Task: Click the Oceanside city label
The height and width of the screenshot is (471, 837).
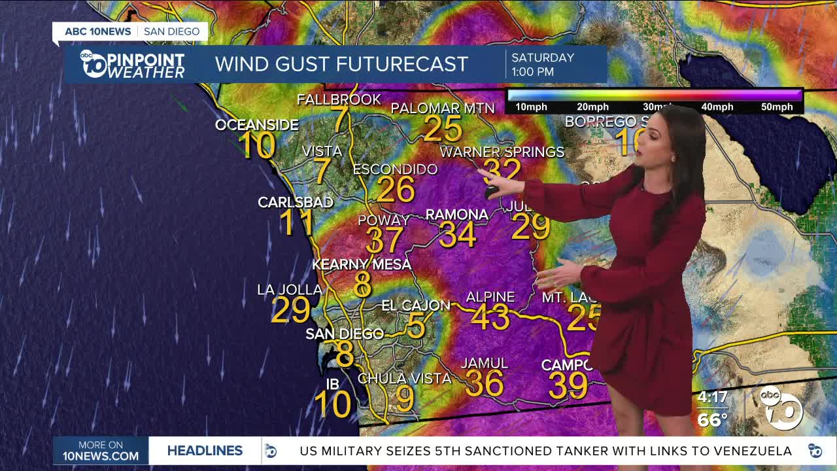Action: coord(256,125)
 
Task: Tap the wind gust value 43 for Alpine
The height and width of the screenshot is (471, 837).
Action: coord(490,317)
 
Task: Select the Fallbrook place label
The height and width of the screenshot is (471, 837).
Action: coord(339,99)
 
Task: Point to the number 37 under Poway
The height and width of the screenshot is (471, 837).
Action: coord(384,240)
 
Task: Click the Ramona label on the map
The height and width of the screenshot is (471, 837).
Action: coord(456,215)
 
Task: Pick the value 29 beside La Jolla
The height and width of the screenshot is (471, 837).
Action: coord(290,310)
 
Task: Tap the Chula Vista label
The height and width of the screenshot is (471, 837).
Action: coord(404,379)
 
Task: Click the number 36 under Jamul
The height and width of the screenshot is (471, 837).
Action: coord(484,383)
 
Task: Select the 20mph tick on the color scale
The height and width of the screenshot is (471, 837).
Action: coord(592,107)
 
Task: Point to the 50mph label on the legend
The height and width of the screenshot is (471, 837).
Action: coord(776,107)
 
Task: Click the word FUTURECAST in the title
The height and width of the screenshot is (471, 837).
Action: coord(404,64)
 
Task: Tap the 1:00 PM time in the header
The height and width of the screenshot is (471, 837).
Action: coord(532,72)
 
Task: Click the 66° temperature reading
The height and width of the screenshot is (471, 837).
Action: coord(712,419)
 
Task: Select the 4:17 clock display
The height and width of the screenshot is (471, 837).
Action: coord(712,397)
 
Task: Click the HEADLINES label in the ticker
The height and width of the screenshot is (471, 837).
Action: coord(205,451)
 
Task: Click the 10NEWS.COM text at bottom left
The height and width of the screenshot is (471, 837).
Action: coord(100,456)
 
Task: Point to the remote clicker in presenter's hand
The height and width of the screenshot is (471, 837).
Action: coord(491,192)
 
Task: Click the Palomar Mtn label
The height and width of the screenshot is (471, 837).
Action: coord(442,108)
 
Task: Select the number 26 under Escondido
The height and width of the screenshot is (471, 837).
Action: coord(396,189)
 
